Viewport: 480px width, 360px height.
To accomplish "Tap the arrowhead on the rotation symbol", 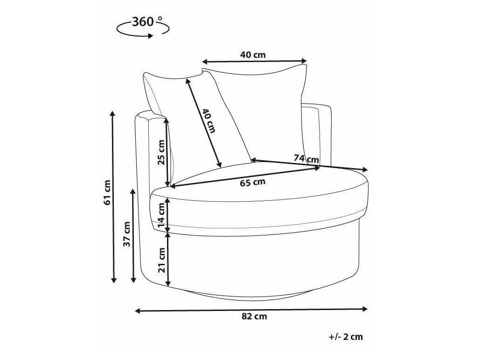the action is click(150, 36).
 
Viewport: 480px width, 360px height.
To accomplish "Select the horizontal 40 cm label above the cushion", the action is click(253, 55).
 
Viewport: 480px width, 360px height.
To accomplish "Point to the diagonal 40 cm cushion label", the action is click(209, 121).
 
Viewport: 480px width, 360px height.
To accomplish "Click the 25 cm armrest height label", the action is click(161, 152).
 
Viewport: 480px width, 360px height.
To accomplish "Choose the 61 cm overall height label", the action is click(107, 192).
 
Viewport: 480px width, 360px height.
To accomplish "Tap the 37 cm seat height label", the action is click(127, 234).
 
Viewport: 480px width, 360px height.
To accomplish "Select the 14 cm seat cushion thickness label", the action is click(161, 216).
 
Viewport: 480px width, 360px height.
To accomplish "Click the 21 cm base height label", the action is click(161, 260).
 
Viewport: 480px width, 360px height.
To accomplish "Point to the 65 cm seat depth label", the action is click(252, 182).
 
